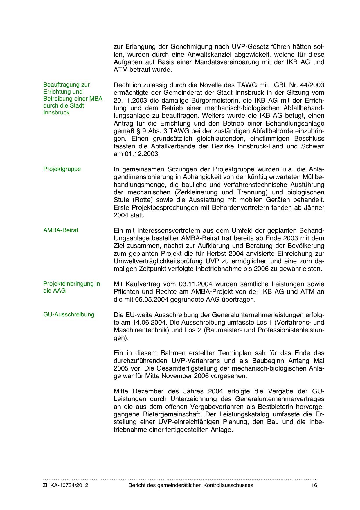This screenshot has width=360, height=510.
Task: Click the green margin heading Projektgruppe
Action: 62,169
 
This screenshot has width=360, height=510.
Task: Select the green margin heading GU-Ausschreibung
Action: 69,315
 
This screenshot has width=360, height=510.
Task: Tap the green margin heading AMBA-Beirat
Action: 61,230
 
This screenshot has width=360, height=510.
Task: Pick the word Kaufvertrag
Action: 142,284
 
